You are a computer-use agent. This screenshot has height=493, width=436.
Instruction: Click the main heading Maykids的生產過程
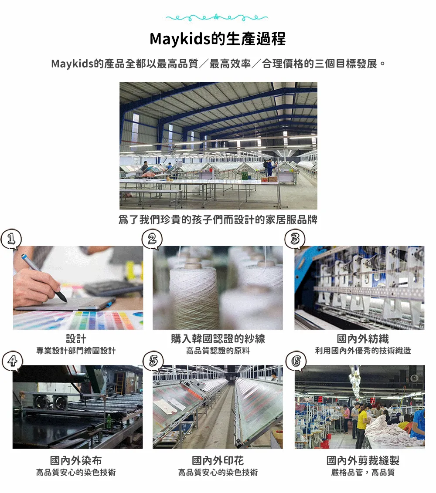point(218,39)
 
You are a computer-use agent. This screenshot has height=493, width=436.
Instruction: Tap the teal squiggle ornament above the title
point(217,18)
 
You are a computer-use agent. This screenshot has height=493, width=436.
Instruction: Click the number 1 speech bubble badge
point(11,239)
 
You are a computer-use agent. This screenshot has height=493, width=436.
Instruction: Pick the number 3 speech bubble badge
point(295,239)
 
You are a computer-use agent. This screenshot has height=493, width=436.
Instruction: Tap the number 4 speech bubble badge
point(11,361)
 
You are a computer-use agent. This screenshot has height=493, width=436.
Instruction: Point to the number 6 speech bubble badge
point(295,361)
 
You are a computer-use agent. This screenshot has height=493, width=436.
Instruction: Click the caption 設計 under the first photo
point(76,339)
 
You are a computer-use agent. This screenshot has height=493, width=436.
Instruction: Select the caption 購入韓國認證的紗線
point(218,339)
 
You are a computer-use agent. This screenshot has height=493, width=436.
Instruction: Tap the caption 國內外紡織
point(363,339)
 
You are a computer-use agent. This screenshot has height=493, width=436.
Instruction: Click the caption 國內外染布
point(76,460)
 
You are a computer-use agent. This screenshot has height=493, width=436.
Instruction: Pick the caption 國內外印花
point(218,460)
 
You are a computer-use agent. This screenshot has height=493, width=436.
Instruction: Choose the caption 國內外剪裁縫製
point(363,460)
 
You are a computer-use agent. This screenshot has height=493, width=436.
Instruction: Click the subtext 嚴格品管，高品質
point(363,472)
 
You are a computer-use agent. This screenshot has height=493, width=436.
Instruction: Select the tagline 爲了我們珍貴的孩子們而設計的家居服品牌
point(218,220)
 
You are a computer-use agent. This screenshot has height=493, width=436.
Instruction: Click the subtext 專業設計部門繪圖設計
point(76,351)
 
